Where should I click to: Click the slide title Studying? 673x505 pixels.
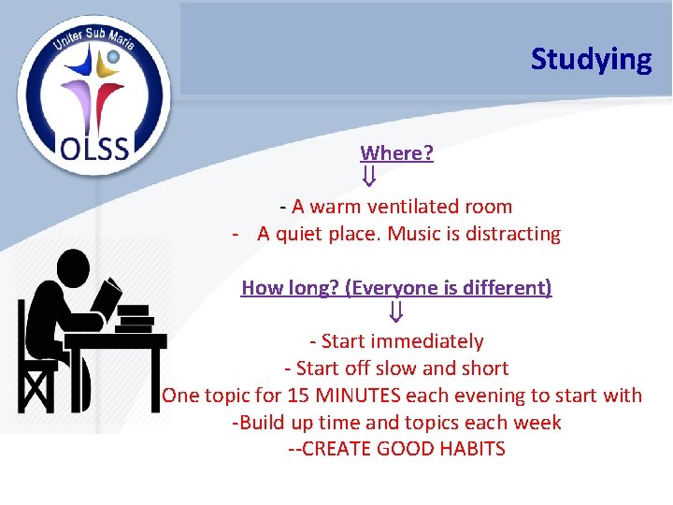pyautogui.click(x=591, y=59)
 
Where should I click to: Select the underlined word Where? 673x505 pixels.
pyautogui.click(x=396, y=152)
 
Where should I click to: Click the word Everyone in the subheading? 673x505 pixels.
pyautogui.click(x=390, y=288)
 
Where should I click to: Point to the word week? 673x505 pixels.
pyautogui.click(x=539, y=422)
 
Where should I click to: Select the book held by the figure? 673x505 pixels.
pyautogui.click(x=109, y=298)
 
